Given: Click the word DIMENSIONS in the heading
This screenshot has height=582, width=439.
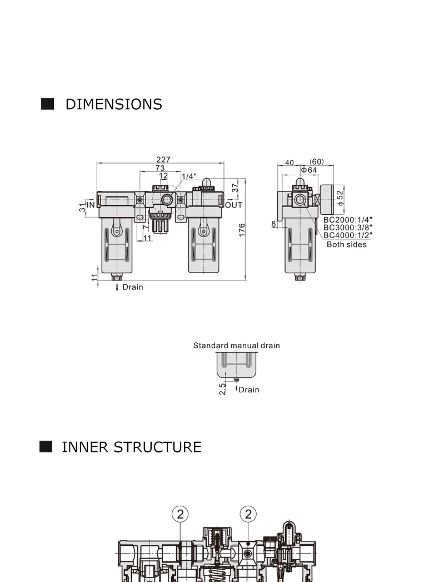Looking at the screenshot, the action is [114, 104].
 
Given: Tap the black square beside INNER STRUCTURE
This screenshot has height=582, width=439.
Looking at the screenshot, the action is [46, 447].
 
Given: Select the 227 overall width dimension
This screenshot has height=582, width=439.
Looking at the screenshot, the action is [163, 159].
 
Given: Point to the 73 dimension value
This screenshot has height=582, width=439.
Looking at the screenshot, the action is [160, 168].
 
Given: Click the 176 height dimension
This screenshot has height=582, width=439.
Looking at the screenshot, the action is [242, 230].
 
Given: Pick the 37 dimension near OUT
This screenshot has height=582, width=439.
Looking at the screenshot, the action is [236, 188].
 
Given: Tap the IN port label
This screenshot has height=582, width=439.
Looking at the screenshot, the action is [91, 205].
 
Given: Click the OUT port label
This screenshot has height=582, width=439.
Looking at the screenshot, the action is [233, 205].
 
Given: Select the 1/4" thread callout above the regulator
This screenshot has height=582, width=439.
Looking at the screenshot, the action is [189, 176].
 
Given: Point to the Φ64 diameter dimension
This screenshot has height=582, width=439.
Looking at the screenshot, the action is [309, 170].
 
